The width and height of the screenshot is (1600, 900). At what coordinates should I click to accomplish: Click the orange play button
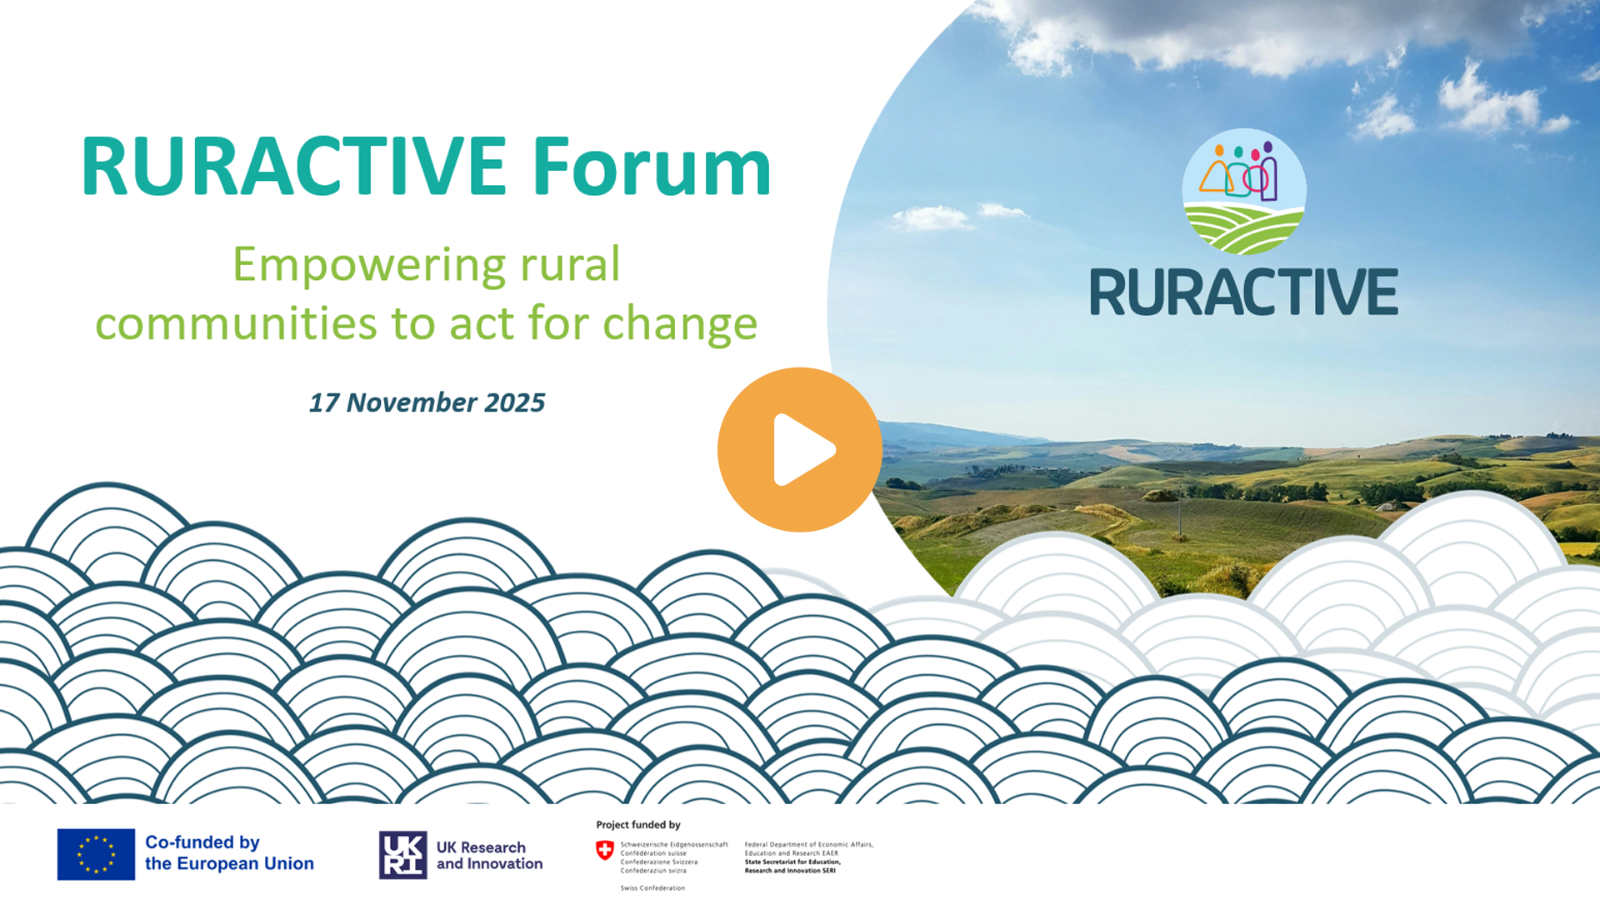800,450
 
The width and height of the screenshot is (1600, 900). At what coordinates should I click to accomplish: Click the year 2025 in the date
515,402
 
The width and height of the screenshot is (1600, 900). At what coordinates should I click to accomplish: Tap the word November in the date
412,402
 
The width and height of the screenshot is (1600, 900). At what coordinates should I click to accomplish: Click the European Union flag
96,854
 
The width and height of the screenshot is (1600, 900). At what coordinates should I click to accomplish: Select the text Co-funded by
202,842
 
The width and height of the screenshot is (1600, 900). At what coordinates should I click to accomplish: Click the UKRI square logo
403,855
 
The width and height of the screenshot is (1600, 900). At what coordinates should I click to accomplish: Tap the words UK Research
481,847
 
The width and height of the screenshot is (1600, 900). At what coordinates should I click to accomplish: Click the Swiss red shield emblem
605,850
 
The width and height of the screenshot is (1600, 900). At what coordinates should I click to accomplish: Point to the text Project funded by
638,825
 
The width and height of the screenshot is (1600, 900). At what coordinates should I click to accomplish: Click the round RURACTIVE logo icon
1244,192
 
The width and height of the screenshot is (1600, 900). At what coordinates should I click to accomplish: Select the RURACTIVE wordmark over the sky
1244,292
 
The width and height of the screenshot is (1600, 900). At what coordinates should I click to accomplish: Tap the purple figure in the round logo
1268,172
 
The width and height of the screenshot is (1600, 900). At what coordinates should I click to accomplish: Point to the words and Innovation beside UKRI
489,864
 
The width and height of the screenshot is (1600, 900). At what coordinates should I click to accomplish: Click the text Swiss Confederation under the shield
652,888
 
